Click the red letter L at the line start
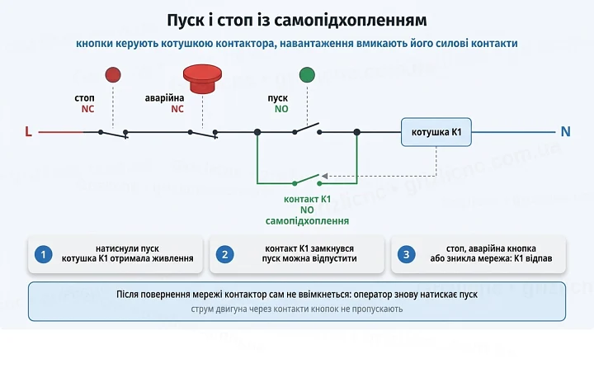[28, 132]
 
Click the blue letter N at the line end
[565, 132]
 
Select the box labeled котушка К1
[436, 132]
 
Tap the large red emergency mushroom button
[202, 79]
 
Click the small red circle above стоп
[113, 75]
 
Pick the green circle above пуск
[307, 75]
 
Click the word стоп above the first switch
[84, 98]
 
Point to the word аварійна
[164, 98]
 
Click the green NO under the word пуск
[281, 109]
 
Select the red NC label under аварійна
[177, 109]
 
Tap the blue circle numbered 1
[43, 254]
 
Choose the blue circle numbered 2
[224, 254]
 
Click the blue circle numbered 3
[406, 254]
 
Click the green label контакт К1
[307, 199]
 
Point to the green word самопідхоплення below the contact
[307, 221]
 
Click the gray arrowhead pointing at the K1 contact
[324, 176]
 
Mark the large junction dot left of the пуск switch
[257, 132]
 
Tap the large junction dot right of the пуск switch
[357, 132]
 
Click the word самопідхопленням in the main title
[351, 20]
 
